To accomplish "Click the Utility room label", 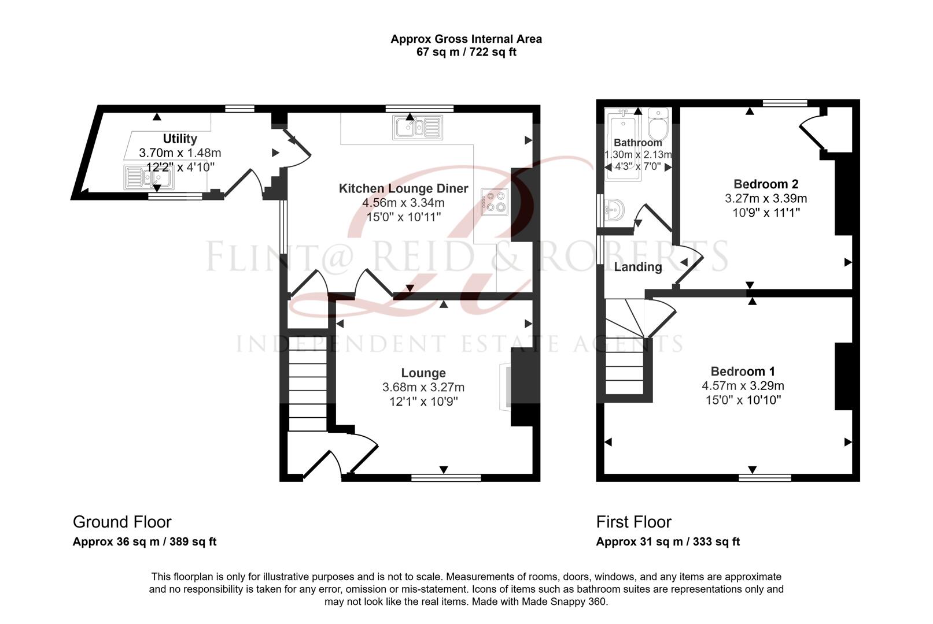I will click(180, 139).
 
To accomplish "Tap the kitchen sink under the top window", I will click(417, 128).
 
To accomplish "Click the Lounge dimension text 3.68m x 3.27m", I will click(423, 387).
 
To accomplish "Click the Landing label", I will click(638, 267).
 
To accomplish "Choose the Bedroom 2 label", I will click(766, 184).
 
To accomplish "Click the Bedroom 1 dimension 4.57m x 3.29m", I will click(743, 385).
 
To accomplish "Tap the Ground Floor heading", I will click(122, 522).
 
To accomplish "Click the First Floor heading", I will click(633, 522).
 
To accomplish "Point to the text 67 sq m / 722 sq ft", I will click(466, 52).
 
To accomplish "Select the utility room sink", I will click(148, 177).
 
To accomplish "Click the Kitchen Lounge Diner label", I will click(403, 188).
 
